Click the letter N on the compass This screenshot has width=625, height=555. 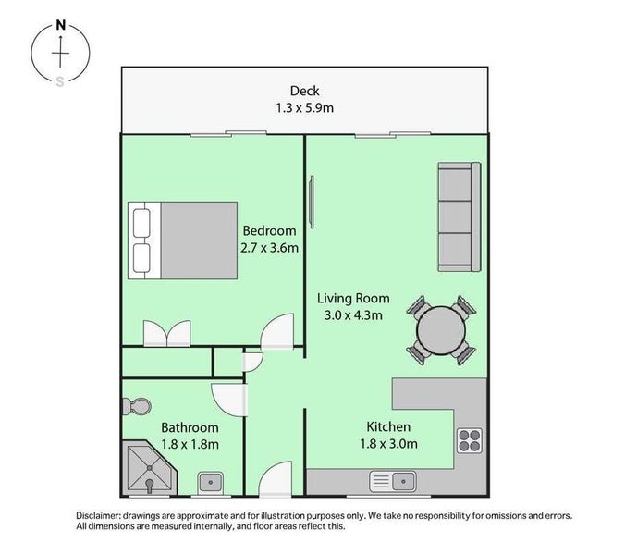pos(61,25)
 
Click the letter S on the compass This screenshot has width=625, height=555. pos(61,81)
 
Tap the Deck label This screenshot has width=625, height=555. pos(304,91)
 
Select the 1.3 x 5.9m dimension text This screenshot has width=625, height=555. pos(304,107)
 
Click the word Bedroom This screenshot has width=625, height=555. pos(269,230)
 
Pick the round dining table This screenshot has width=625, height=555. pos(440,328)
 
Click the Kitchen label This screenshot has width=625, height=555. pos(388,427)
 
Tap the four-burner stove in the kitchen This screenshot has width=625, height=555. pos(468,440)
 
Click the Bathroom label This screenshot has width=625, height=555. pos(190,428)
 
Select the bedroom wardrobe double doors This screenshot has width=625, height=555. pos(167,333)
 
